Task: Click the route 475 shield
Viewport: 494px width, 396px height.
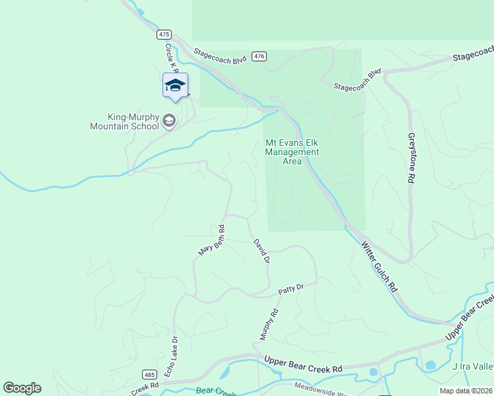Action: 164,34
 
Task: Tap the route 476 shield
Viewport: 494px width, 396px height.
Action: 260,57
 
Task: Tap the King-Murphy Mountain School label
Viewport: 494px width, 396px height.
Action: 125,121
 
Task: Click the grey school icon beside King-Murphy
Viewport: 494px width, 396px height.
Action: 169,120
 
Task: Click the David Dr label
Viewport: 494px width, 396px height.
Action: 262,251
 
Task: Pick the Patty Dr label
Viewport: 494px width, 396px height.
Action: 291,288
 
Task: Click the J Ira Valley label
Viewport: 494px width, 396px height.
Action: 472,366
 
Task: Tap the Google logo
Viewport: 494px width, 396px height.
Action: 22,388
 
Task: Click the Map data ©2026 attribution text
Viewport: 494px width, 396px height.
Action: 466,391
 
